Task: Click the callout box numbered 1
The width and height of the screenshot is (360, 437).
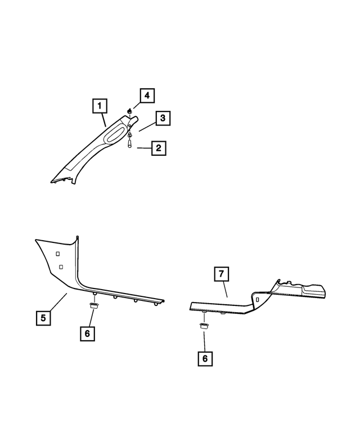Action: tap(99, 105)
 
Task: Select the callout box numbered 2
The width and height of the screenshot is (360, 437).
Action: tap(159, 148)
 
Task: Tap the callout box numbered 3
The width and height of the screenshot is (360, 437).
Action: tap(162, 118)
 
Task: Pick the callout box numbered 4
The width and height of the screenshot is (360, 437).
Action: tap(146, 96)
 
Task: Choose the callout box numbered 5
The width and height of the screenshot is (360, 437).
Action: tap(43, 318)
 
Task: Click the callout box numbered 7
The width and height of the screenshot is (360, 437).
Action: tap(222, 274)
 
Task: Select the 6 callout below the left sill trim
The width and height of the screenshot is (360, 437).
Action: tap(87, 333)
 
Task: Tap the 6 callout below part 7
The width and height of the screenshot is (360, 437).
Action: tap(205, 358)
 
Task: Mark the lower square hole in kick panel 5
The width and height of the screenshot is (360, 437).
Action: tap(61, 266)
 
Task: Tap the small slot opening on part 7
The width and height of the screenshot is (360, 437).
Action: tap(256, 301)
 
